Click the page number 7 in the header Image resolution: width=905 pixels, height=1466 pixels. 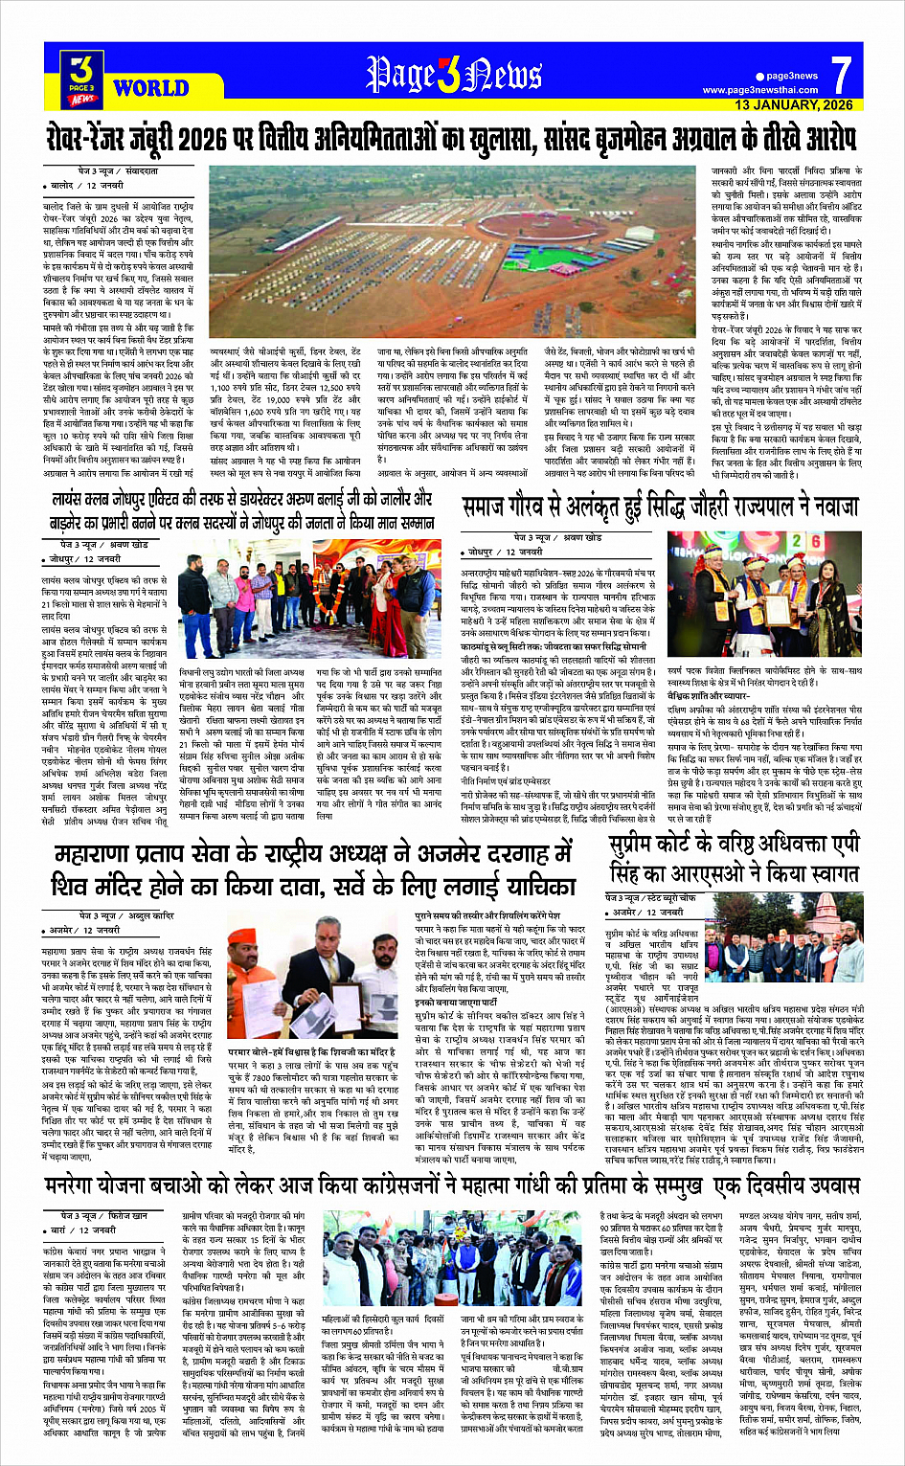pos(840,74)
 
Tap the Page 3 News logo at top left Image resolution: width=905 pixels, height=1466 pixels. pos(82,78)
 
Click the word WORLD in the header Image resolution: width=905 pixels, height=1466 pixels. pos(150,88)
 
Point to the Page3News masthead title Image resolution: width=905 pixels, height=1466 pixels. pos(454,75)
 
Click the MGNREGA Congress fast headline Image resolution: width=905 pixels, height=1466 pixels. pos(452,1184)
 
